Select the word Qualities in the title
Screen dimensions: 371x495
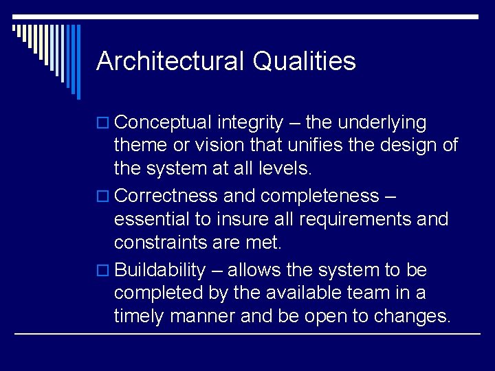[304, 61]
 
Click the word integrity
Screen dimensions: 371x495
[250, 123]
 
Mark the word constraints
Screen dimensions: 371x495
[164, 243]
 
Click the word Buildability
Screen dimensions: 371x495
[160, 271]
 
